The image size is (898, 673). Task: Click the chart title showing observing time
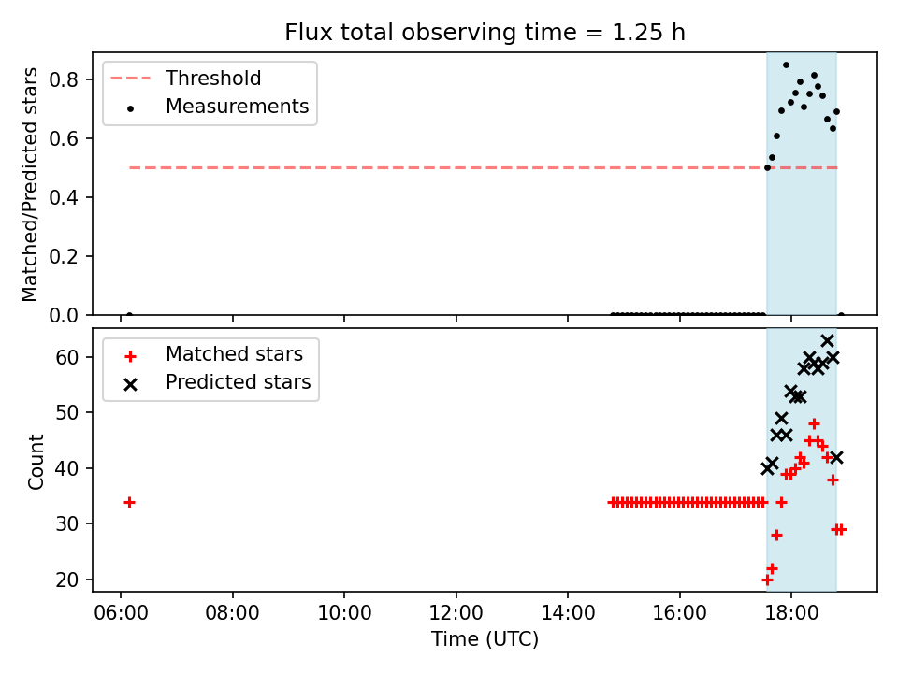tap(485, 32)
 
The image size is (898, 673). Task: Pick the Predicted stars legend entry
tap(217, 382)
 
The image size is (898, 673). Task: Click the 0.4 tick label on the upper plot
tap(64, 197)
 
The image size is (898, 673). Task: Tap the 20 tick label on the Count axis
tap(67, 580)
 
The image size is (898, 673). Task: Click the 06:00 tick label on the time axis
tap(121, 613)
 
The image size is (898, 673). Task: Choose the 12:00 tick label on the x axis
tap(456, 613)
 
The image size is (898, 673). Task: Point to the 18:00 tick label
tap(791, 613)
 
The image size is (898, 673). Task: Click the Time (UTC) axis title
tap(485, 638)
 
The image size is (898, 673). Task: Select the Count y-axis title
tap(36, 461)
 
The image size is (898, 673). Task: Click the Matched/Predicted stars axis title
tap(29, 184)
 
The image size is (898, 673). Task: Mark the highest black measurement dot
tap(786, 65)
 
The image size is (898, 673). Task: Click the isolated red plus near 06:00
tap(129, 503)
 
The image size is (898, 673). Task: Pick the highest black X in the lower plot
tap(827, 341)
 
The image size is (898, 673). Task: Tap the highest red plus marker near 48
tap(814, 424)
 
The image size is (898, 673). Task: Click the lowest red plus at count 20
tap(767, 580)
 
